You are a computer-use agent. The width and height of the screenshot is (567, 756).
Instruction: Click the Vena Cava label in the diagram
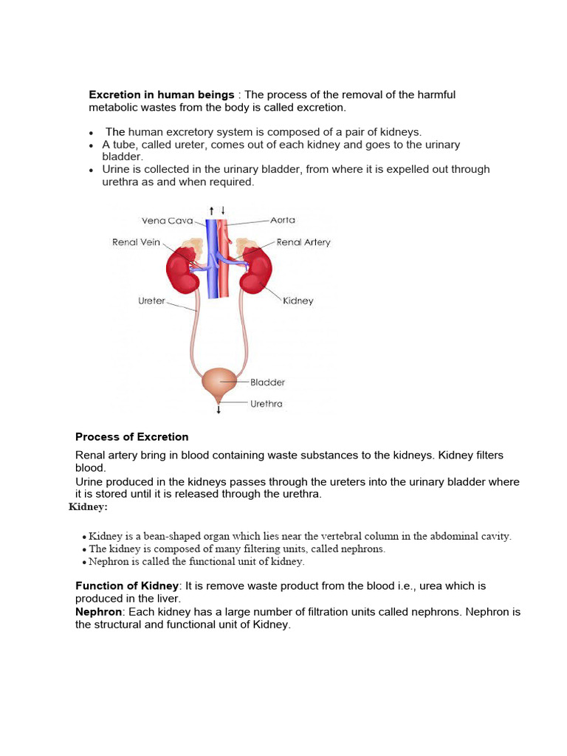(x=168, y=221)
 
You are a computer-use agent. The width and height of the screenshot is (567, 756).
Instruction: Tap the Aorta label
(x=283, y=220)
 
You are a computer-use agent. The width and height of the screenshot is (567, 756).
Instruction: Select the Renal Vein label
(x=137, y=242)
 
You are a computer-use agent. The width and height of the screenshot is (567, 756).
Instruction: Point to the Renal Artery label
(x=303, y=242)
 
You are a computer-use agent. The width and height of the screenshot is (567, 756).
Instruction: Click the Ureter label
(x=152, y=301)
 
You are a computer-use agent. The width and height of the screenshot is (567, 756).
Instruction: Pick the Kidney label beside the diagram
(x=298, y=301)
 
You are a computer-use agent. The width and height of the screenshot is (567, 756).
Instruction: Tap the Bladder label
(x=267, y=382)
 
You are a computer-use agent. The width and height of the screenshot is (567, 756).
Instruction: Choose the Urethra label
(x=267, y=404)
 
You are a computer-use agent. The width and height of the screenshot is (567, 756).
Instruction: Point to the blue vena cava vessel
(x=213, y=273)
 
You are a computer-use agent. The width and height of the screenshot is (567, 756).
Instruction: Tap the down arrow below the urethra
(x=219, y=409)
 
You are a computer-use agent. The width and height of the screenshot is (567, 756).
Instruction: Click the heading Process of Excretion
(x=132, y=436)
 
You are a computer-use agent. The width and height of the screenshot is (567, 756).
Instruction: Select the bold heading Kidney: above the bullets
(x=89, y=506)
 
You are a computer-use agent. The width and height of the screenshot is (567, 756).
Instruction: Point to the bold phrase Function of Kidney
(x=127, y=585)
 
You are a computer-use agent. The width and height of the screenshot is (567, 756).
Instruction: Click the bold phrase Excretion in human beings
(x=162, y=94)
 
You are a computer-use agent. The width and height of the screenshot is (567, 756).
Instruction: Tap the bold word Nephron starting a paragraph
(x=98, y=612)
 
